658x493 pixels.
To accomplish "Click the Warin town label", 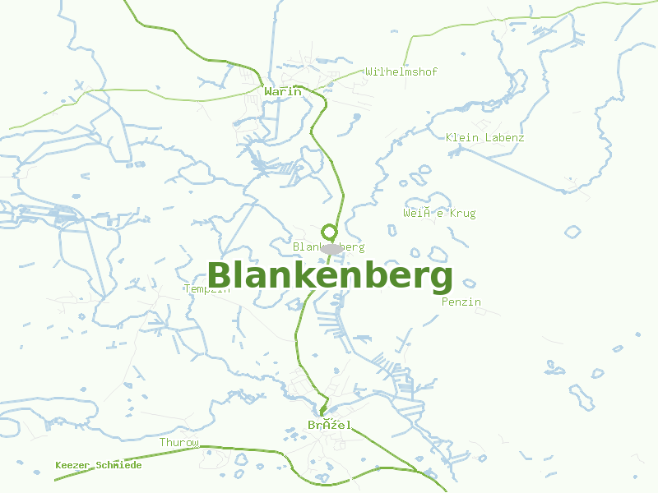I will click(283, 91).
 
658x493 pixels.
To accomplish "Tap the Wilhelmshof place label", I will click(401, 71).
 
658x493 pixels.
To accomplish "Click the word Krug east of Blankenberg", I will click(463, 214).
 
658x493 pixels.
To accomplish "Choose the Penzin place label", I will click(461, 302).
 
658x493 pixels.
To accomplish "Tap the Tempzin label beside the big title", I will click(206, 289).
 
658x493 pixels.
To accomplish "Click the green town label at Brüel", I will click(329, 425).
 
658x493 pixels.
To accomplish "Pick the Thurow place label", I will click(179, 442).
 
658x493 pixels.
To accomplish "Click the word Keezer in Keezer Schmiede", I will click(72, 465).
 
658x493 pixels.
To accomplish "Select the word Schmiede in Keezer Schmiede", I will click(118, 465).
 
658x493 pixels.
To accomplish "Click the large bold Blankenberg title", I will click(330, 276).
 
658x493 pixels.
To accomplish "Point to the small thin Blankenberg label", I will click(328, 246).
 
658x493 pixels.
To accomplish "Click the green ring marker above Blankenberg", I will click(330, 233).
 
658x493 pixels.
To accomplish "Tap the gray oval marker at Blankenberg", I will click(331, 248).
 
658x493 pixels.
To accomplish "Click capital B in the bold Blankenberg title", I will click(220, 276).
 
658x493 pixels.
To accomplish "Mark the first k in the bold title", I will click(299, 276).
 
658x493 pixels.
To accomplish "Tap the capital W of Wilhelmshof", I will click(370, 71).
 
